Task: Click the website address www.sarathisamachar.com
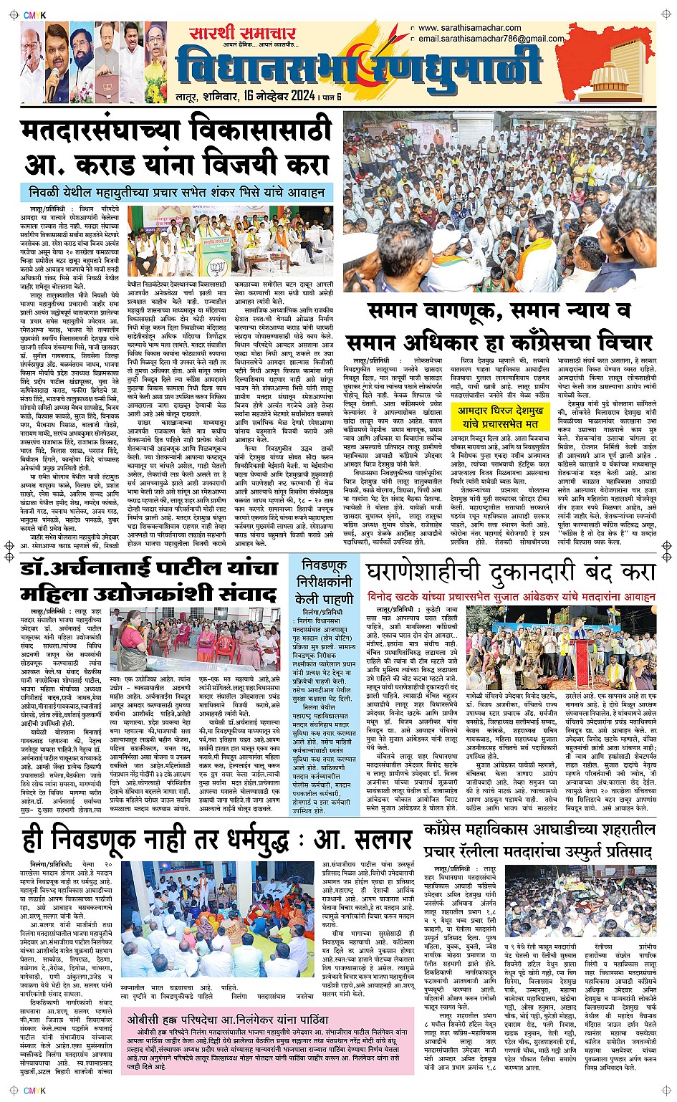[470, 29]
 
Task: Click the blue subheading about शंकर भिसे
[177, 193]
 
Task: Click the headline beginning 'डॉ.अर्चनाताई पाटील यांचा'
[149, 569]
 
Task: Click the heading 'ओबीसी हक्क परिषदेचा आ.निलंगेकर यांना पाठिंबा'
[228, 1020]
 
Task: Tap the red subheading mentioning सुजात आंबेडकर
[511, 596]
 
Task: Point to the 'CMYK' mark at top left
[34, 15]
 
